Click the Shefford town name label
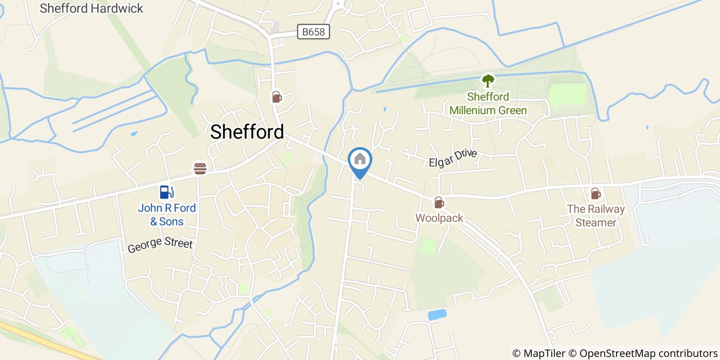(247, 132)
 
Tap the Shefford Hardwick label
(92, 8)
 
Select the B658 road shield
(313, 32)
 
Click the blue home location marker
(360, 160)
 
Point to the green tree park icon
(488, 81)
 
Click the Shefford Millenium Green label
(488, 103)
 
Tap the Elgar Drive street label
(453, 158)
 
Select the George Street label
(160, 244)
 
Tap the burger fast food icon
(200, 168)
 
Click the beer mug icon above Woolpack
(438, 202)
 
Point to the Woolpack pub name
(439, 218)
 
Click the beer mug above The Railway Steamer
(596, 193)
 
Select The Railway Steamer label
(596, 215)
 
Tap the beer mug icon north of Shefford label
(277, 97)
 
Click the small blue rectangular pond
(437, 315)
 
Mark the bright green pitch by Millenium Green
(568, 95)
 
